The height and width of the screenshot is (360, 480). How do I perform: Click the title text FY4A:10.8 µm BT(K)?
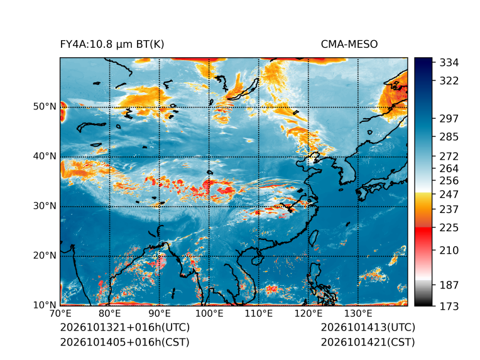(112, 45)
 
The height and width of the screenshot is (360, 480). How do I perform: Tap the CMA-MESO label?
(349, 45)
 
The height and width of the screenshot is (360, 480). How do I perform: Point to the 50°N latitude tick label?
(45, 107)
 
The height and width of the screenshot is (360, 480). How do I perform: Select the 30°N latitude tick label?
(45, 205)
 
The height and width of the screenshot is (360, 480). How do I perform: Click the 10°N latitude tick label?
(45, 305)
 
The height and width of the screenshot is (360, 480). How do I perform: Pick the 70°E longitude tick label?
(60, 314)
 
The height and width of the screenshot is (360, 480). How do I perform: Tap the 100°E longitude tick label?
(209, 314)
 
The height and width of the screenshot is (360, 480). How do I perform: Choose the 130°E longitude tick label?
(358, 314)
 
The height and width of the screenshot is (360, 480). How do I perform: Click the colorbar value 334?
(449, 63)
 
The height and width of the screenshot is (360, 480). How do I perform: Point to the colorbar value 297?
(449, 119)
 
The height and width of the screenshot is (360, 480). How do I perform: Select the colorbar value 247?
(449, 194)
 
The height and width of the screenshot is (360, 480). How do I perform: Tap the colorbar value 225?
(449, 228)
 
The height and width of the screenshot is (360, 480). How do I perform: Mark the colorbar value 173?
(449, 306)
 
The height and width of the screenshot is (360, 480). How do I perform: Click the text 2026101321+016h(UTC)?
(125, 327)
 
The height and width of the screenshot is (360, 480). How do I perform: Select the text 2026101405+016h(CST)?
(124, 342)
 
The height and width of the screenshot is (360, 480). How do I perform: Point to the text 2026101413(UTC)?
(368, 327)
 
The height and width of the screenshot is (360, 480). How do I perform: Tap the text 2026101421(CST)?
(368, 342)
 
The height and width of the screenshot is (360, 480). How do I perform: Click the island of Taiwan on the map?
(313, 239)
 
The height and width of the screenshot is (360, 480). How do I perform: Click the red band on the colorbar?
(423, 234)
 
